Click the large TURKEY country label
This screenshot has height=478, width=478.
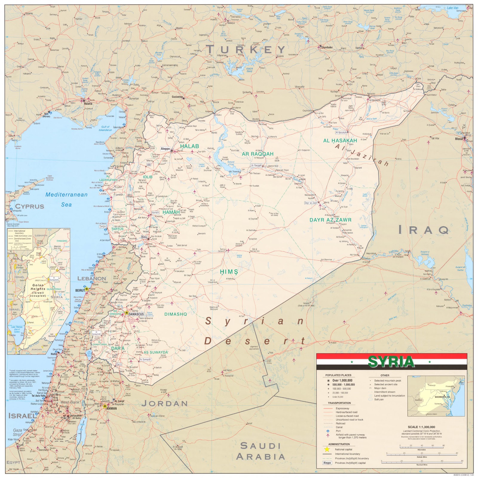coord(246,50)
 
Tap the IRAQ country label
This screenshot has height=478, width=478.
coord(424,230)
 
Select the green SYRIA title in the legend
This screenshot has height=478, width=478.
coord(391,362)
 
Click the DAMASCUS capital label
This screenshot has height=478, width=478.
coord(136,314)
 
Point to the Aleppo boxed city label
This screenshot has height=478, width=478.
coord(165,149)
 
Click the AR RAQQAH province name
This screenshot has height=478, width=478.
coord(258,154)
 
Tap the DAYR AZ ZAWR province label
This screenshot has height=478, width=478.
coord(330,220)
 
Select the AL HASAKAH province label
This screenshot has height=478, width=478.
coord(340,141)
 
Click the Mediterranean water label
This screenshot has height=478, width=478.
coord(66,195)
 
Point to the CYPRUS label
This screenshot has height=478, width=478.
coord(30,207)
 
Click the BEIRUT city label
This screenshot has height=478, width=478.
coord(80,290)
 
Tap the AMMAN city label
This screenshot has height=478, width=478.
coord(111,408)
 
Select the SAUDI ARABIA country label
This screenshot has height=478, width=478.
coord(261,451)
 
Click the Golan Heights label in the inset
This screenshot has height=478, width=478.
coord(38,289)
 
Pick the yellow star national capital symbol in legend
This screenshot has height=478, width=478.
coord(327,449)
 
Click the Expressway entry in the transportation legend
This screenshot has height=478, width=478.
coord(342,408)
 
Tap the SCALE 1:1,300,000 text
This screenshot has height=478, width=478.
coord(421,427)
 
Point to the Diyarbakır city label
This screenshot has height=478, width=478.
coord(327,47)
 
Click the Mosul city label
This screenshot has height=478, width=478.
coord(459,139)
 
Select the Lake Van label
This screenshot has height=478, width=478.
coord(452,8)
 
